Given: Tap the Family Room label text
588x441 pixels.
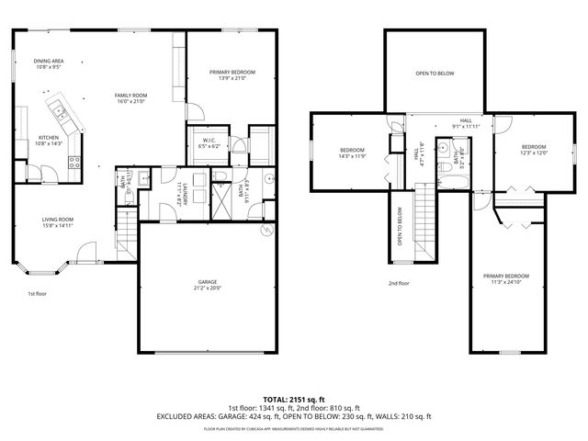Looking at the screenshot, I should point(131,98).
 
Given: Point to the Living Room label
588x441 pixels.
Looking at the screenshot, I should point(57,222).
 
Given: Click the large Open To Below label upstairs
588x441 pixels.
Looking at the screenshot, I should point(435,73).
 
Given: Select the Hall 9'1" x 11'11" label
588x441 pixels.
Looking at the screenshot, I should point(466,126).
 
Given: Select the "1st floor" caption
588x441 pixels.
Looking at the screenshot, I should point(37,293).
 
